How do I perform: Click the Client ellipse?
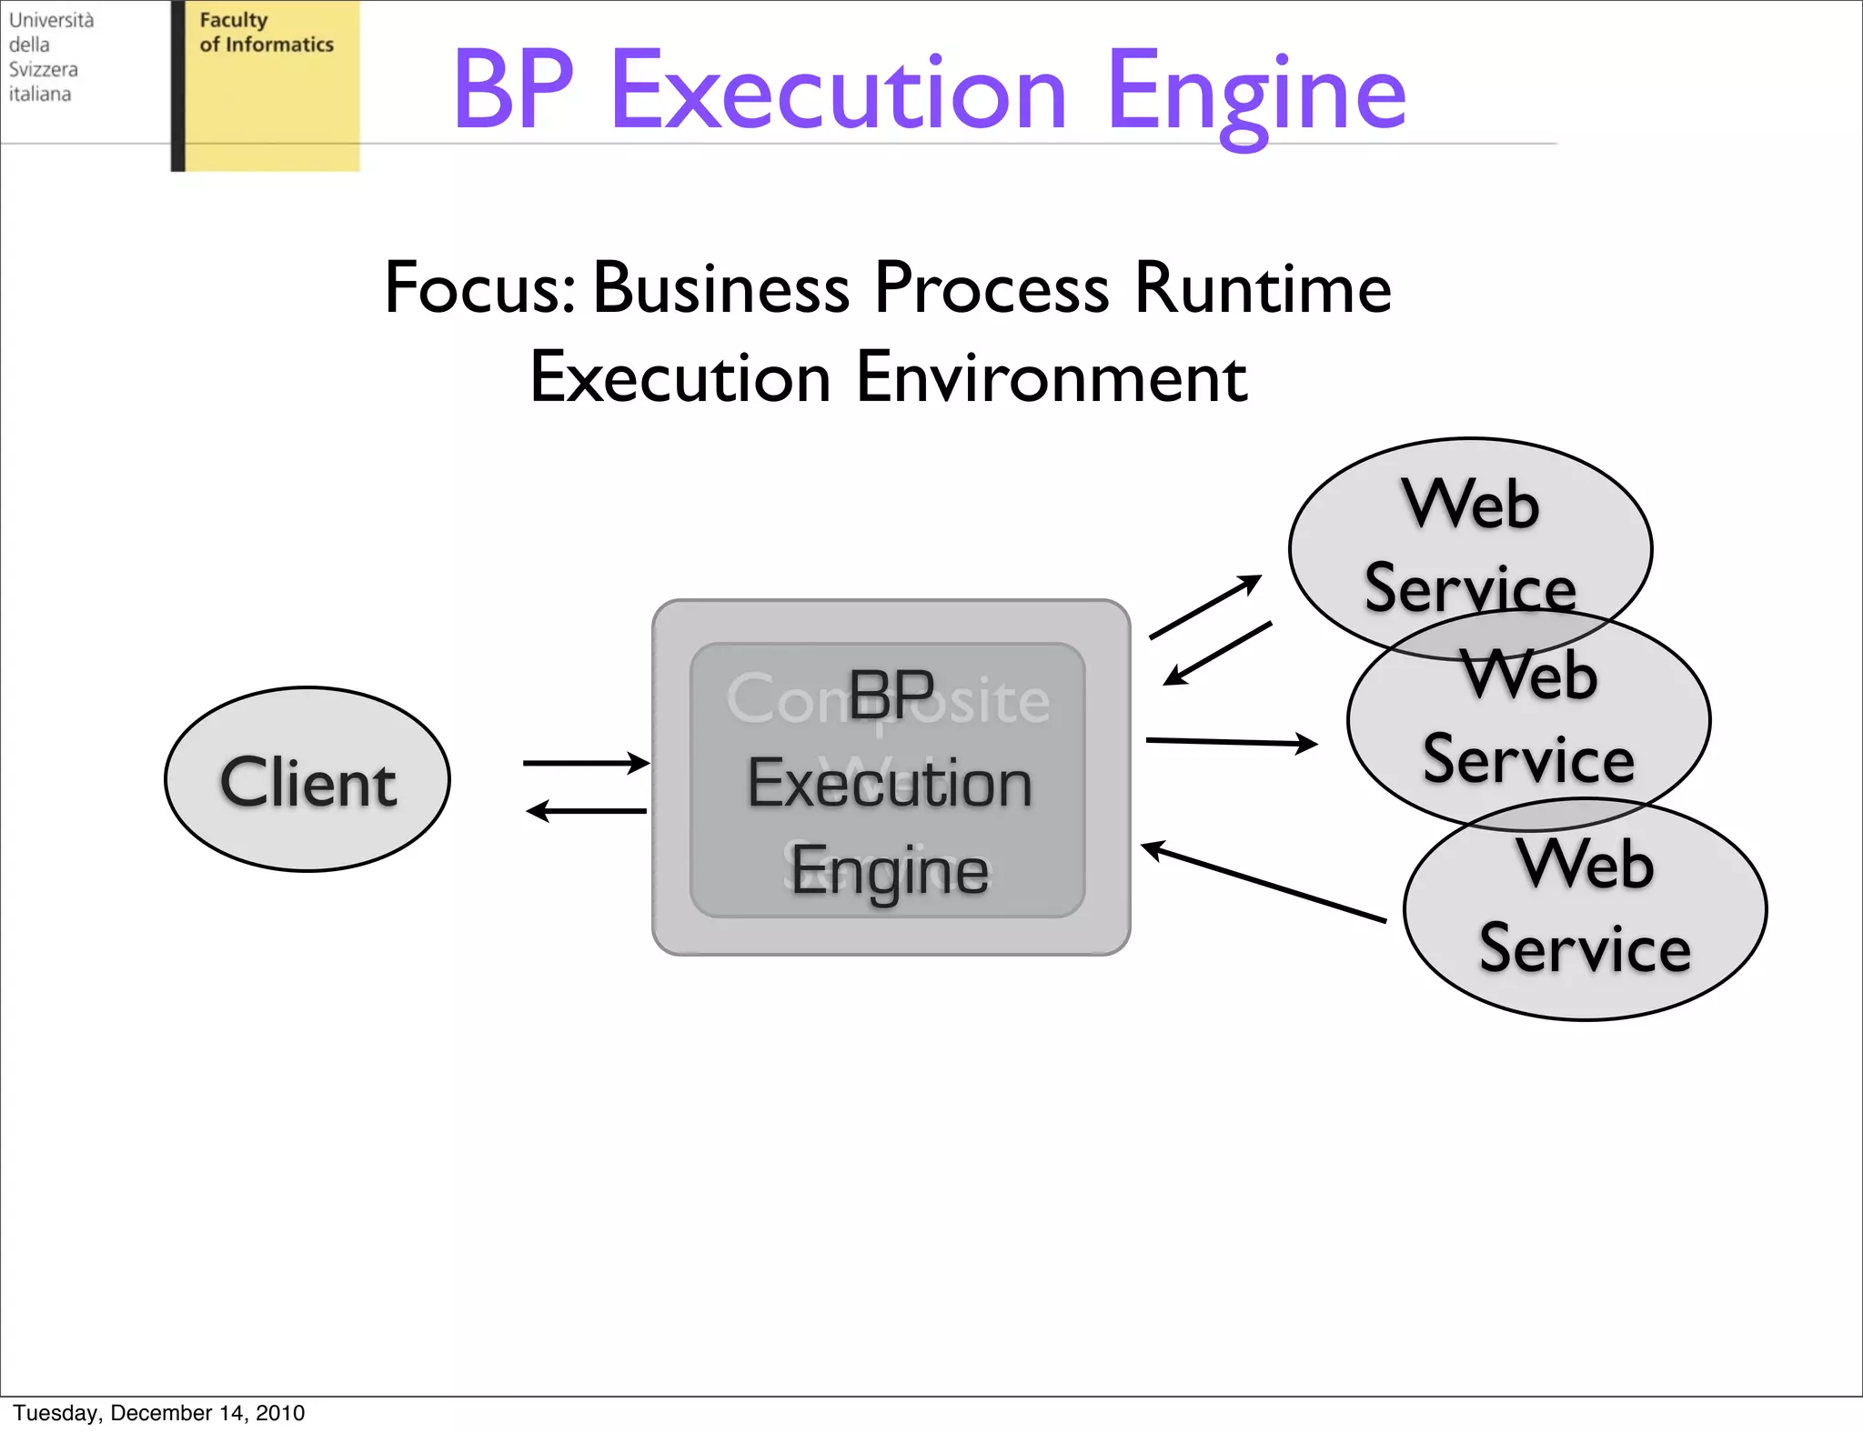307,779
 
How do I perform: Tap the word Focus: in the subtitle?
479,288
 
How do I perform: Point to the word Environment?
1052,377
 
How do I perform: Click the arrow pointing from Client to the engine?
585,763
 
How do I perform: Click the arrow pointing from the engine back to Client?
587,810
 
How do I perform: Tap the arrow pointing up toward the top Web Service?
1205,606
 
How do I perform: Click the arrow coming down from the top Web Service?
1218,653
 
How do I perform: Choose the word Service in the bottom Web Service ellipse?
1585,948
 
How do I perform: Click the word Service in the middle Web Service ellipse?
1528,759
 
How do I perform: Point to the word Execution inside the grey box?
890,784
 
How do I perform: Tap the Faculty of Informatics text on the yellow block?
267,33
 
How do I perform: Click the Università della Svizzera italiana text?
51,56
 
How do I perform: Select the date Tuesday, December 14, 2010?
159,1412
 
